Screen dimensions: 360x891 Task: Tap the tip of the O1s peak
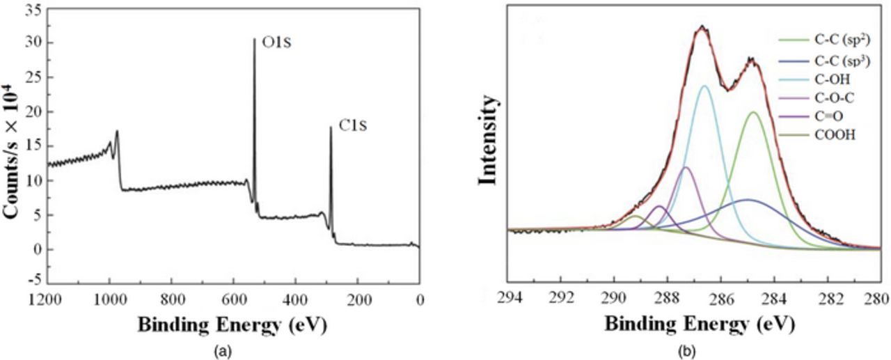(254, 39)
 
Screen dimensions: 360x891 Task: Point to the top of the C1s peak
(331, 127)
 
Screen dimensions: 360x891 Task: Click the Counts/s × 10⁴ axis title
(13, 148)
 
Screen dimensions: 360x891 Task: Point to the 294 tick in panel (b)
(510, 299)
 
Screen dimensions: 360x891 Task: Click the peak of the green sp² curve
(753, 111)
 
